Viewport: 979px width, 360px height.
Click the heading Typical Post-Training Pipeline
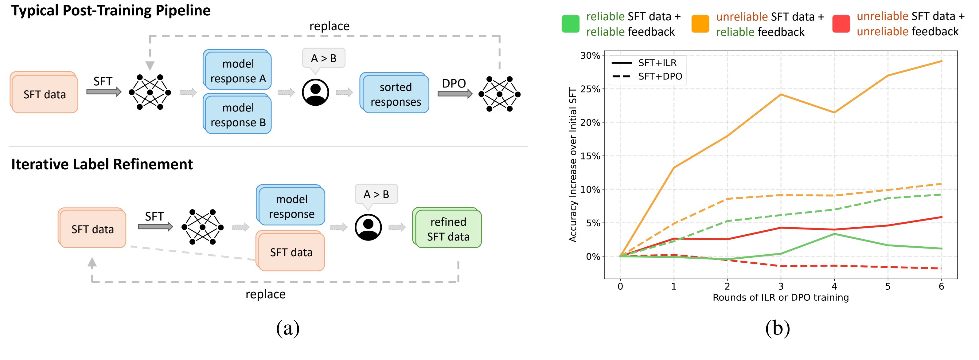tap(111, 11)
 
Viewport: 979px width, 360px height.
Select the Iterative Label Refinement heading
tap(102, 164)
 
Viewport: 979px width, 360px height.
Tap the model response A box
tap(237, 71)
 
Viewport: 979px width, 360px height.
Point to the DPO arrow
tap(455, 93)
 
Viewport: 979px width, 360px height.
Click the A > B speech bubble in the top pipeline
tap(324, 60)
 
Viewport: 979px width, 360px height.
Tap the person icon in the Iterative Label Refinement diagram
tap(368, 227)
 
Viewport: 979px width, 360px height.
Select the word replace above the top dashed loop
tap(330, 26)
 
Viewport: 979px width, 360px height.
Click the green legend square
tap(571, 24)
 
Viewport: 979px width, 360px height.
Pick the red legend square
tap(841, 24)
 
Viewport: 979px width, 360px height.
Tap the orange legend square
tap(700, 24)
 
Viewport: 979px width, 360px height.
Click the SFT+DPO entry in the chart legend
tap(648, 76)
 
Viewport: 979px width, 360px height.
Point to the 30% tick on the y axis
tap(590, 56)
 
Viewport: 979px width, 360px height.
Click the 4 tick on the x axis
tap(834, 286)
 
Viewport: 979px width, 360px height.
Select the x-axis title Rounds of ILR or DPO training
tap(781, 297)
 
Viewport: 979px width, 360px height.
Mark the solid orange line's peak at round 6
tap(941, 61)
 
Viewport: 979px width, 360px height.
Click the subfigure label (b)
tap(778, 328)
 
